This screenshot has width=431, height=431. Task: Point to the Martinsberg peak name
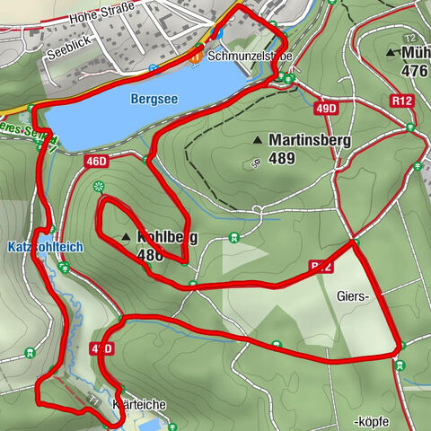tap(308, 139)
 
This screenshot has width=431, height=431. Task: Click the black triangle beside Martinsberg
tap(259, 140)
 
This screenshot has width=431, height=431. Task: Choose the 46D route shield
tap(96, 162)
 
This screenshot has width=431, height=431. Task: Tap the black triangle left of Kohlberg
tap(125, 237)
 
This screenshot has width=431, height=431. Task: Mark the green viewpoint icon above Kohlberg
tap(99, 186)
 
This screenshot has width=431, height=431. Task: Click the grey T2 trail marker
tap(409, 39)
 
